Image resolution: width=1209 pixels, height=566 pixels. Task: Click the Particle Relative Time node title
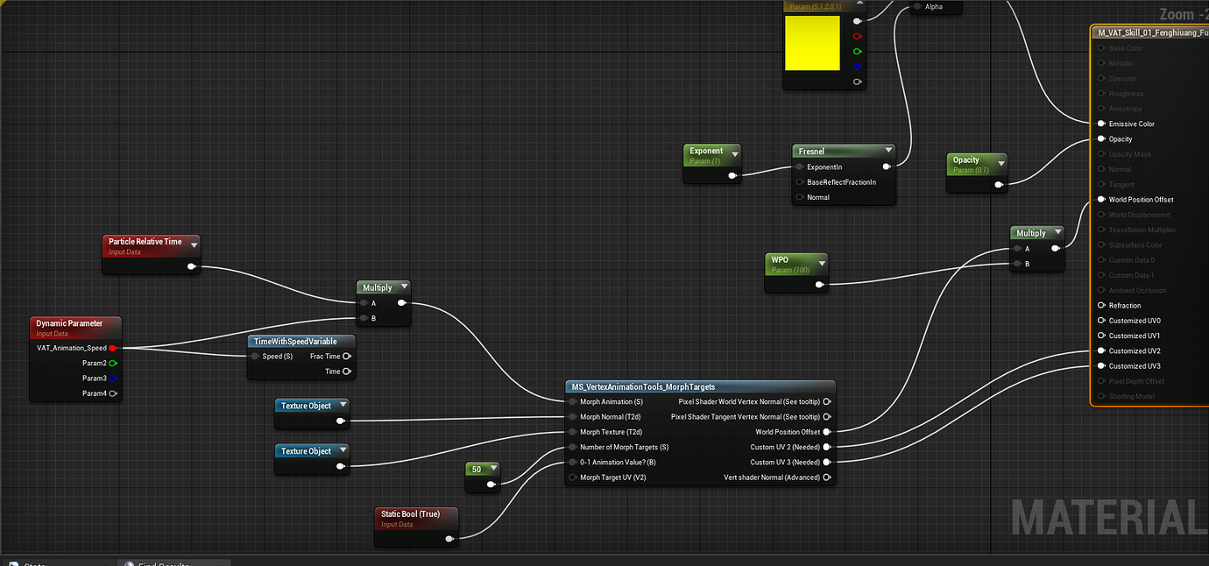coord(145,241)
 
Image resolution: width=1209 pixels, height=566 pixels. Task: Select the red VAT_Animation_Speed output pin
coord(112,348)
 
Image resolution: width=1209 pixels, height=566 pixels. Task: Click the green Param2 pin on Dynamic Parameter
coord(113,363)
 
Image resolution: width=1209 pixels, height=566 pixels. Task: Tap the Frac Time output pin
coord(347,356)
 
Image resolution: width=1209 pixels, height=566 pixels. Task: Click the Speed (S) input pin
coord(255,356)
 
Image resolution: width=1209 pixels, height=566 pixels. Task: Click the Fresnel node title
coord(813,152)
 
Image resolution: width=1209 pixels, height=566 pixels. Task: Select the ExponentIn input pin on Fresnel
coord(799,166)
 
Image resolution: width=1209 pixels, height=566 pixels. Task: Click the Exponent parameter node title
coord(706,151)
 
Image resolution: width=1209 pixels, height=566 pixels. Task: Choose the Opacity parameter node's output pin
coord(1000,184)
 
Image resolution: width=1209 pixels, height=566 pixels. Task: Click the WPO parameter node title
coord(780,259)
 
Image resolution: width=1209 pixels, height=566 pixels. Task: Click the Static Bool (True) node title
coord(410,513)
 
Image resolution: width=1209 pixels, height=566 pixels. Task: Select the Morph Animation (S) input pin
coord(573,401)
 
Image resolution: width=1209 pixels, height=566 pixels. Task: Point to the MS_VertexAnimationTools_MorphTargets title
coord(643,386)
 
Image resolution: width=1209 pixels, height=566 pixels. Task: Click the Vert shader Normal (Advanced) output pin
coord(826,478)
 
